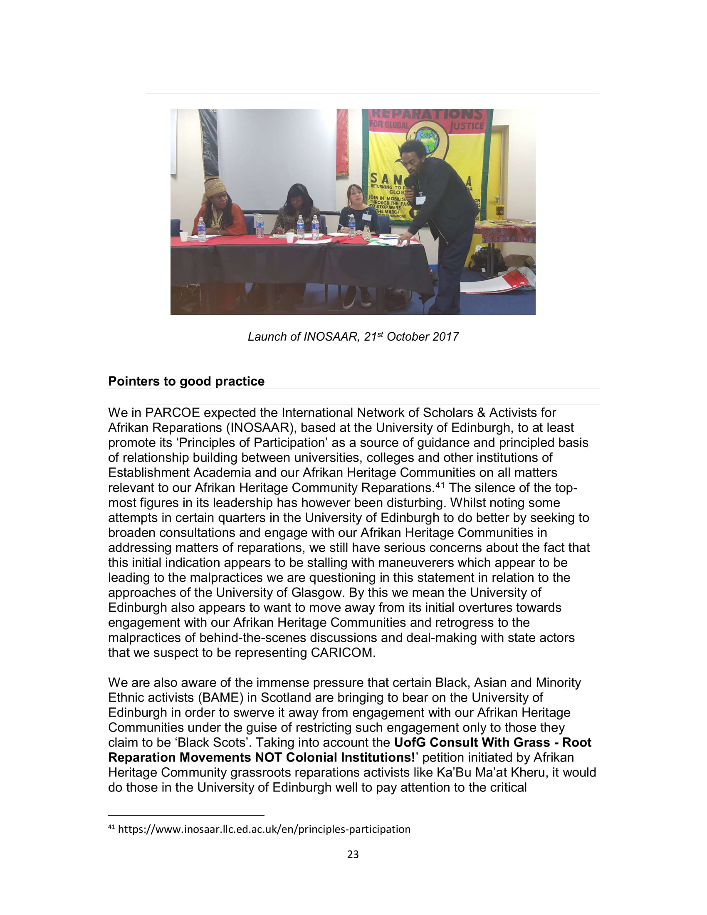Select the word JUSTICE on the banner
[466, 125]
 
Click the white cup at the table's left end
[183, 236]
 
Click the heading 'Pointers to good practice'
[186, 381]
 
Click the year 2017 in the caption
[446, 337]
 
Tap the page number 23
[353, 854]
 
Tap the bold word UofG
[410, 742]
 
